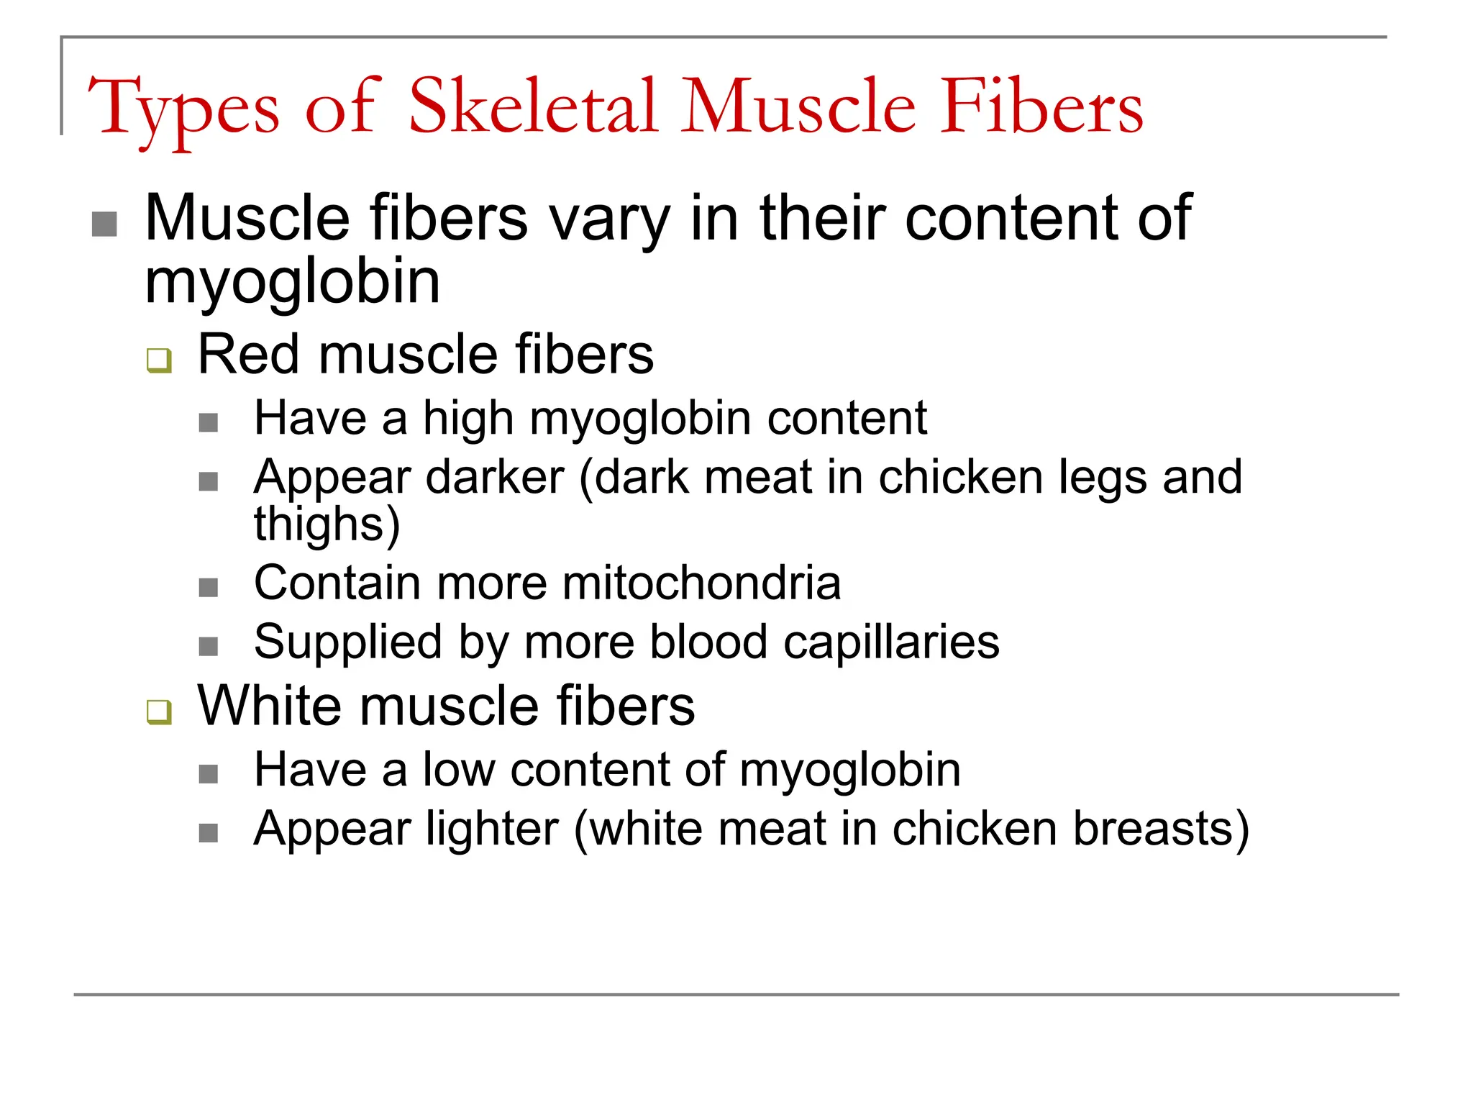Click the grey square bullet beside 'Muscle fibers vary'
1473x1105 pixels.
(105, 224)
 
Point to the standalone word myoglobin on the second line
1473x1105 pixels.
(293, 283)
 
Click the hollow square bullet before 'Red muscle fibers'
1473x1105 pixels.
(159, 360)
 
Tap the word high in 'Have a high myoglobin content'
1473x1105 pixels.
(468, 419)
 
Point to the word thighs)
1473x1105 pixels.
(327, 525)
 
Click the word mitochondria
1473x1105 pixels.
(701, 583)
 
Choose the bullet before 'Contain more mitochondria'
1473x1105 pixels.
(209, 588)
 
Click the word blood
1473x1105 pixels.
(708, 642)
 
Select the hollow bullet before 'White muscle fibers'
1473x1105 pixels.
(159, 711)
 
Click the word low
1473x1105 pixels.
(459, 770)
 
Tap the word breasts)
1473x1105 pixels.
(1161, 829)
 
